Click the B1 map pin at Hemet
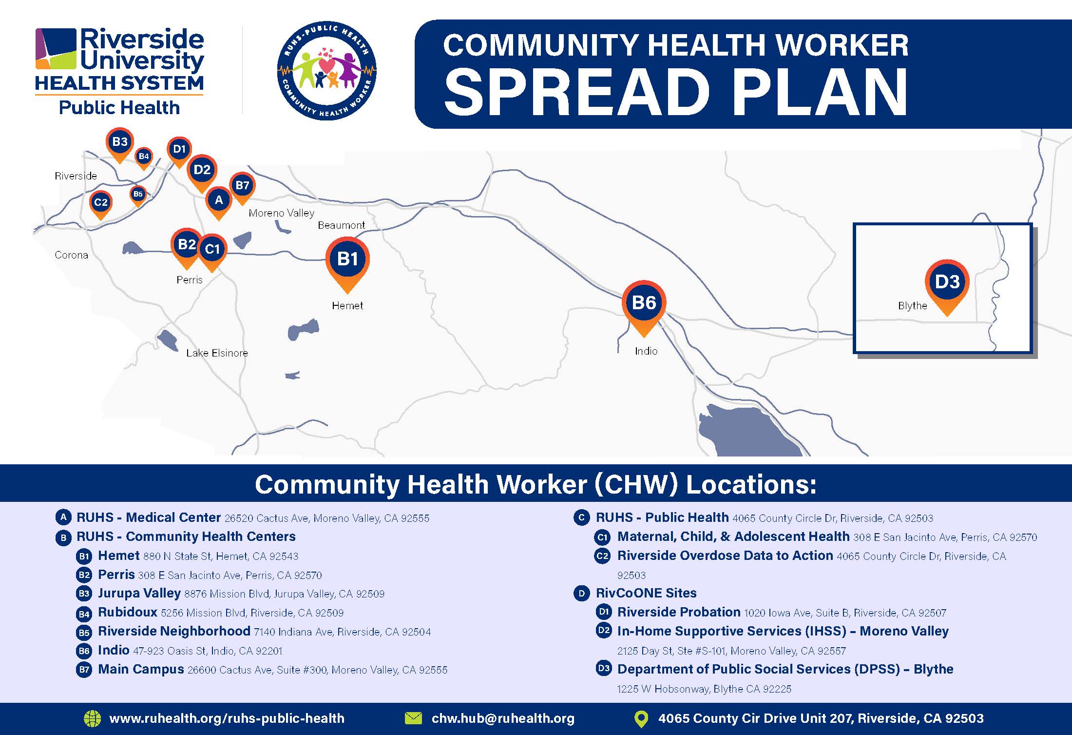347,264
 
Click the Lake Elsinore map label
217,353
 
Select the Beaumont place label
341,225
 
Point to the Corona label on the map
71,255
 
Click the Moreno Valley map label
281,213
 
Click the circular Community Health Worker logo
326,70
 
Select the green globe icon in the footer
92,718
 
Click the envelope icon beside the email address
413,718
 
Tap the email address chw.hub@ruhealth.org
503,718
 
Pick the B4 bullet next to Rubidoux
84,614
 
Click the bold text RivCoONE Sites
646,593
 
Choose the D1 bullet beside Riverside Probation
603,612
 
